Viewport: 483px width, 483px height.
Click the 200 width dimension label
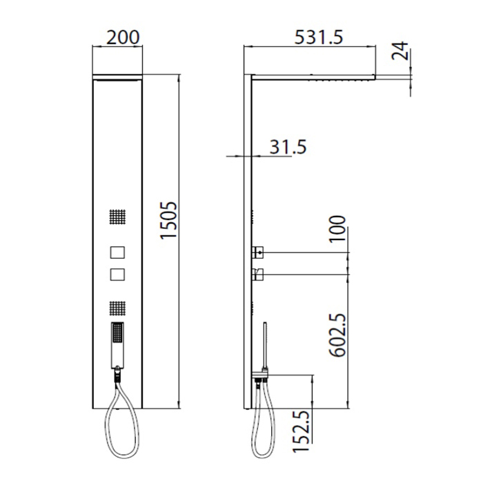tap(123, 37)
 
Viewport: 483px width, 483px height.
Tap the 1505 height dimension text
tap(169, 220)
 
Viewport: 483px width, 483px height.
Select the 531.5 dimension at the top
tap(319, 37)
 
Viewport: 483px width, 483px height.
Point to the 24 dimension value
tap(400, 51)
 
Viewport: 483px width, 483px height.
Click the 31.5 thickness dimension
tap(288, 146)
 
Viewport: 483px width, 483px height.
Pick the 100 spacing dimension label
tap(337, 229)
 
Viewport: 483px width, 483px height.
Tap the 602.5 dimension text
tap(338, 335)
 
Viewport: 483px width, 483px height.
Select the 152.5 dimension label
tap(301, 431)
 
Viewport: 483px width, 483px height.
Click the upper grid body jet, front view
tap(118, 217)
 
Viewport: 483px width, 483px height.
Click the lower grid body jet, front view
tap(118, 308)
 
